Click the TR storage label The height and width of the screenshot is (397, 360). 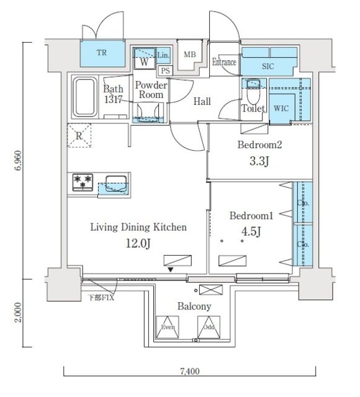point(101,53)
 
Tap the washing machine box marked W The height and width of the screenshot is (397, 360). point(143,62)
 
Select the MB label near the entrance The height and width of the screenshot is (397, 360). point(189,55)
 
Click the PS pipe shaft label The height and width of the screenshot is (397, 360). point(164,70)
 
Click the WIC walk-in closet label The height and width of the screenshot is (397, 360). point(281,109)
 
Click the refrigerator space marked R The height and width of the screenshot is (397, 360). point(79,136)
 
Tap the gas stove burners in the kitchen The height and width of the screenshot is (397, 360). point(83,182)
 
